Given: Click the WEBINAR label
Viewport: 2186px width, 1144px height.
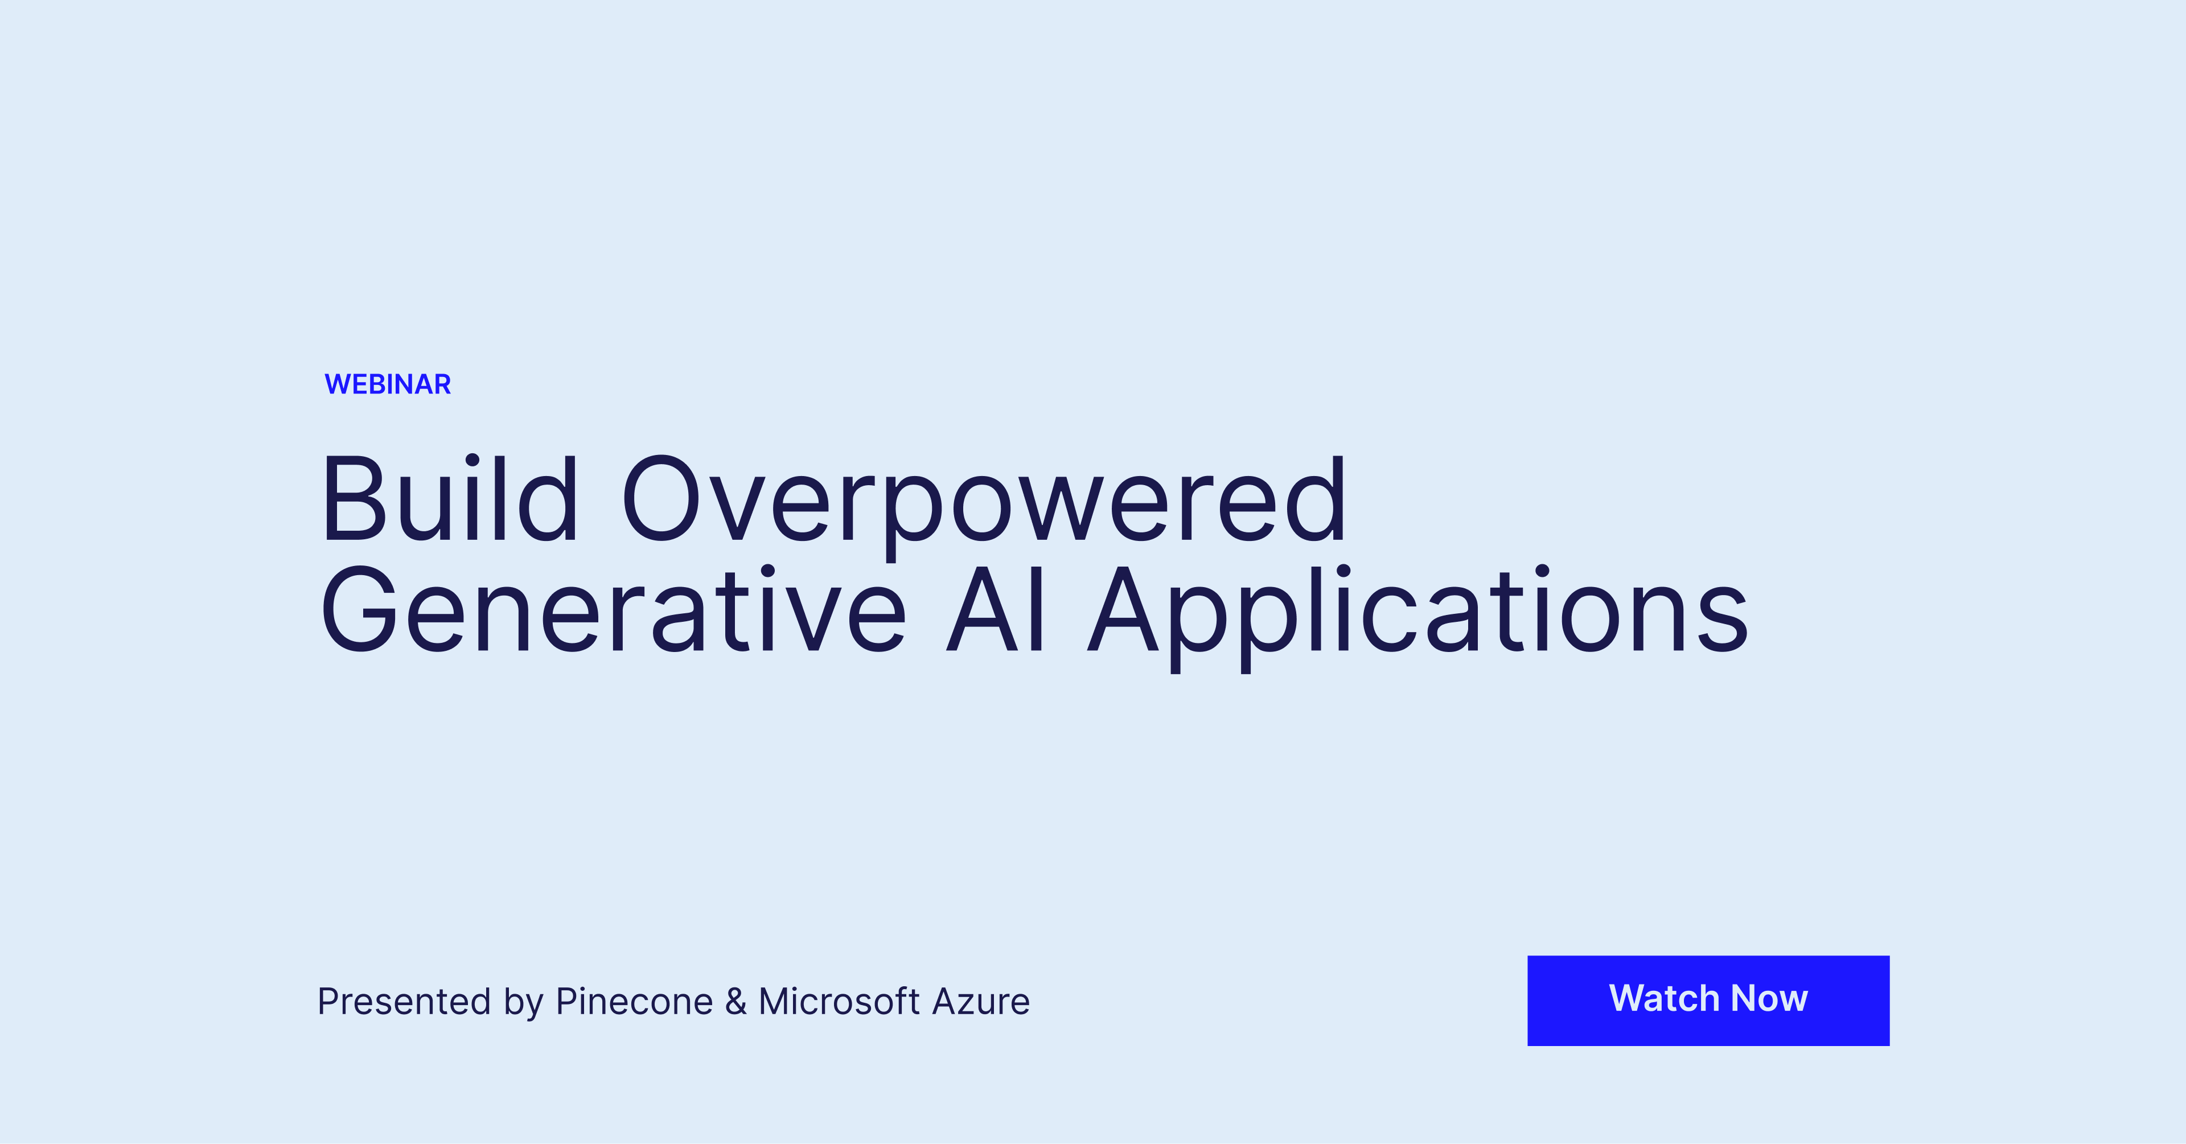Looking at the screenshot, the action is click(x=388, y=384).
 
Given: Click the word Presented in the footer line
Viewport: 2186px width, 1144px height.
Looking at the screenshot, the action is click(x=404, y=1002).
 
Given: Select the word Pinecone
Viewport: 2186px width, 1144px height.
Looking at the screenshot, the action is click(x=634, y=1002).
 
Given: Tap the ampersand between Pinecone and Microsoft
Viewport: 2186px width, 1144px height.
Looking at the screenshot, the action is click(x=735, y=1002).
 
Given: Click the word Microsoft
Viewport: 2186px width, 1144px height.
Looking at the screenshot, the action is click(x=839, y=1002).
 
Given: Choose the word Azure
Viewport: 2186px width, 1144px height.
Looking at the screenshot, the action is click(x=981, y=1002).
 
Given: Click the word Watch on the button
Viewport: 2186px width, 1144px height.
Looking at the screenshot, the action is click(x=1664, y=998).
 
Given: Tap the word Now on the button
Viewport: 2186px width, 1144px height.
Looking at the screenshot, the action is click(x=1769, y=998).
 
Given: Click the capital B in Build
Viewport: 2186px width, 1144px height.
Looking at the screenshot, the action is click(x=355, y=498).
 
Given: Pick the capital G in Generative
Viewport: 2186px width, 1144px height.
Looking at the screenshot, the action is click(x=359, y=609).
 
